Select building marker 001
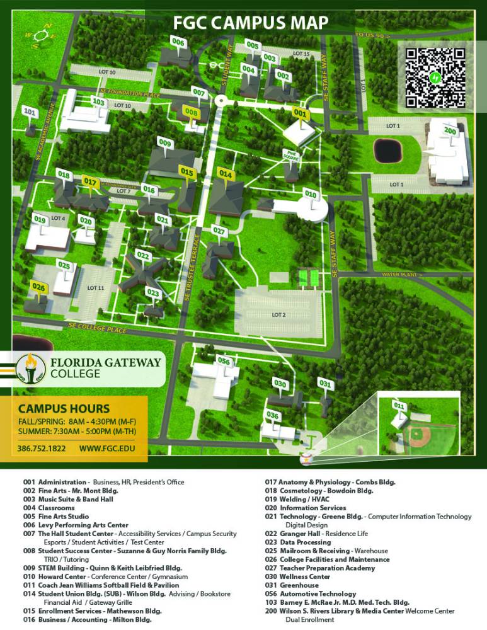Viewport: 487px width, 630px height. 301,113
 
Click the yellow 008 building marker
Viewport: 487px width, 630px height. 192,112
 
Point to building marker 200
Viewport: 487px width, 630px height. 450,130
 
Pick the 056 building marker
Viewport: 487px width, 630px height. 224,361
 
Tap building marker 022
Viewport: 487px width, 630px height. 143,256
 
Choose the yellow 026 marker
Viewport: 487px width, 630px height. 38,287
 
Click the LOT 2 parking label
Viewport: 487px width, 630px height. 278,314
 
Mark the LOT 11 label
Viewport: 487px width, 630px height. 95,288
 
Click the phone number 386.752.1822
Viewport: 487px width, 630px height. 39,449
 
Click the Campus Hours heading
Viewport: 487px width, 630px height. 64,408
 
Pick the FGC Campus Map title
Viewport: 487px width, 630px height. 251,23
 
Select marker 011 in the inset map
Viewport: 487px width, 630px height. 399,404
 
